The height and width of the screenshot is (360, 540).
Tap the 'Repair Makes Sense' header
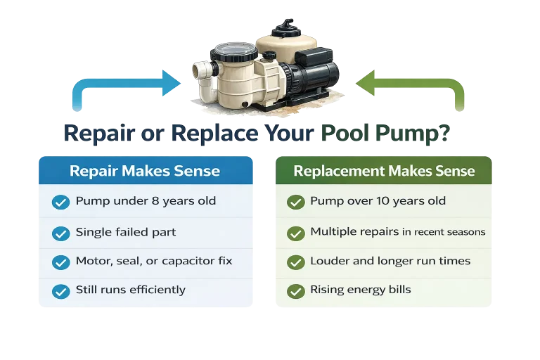(x=145, y=171)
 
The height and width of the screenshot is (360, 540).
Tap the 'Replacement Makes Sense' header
(x=384, y=171)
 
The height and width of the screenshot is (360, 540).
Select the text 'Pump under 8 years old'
(x=146, y=201)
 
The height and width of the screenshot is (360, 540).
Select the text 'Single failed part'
(x=125, y=232)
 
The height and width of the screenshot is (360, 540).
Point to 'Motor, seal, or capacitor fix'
(x=153, y=261)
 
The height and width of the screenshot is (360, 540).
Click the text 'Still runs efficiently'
(x=130, y=290)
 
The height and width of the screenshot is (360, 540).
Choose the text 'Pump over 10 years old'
(x=378, y=201)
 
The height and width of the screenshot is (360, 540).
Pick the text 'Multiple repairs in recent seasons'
(x=397, y=232)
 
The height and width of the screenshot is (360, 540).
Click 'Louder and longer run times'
(x=390, y=261)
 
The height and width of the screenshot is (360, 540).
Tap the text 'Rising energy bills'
(x=360, y=290)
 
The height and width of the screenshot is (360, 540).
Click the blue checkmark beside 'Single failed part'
(x=61, y=233)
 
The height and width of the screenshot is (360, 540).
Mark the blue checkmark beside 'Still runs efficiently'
(x=61, y=290)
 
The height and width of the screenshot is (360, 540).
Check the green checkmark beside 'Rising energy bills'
(x=295, y=290)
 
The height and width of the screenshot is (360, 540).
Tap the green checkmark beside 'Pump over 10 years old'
(x=295, y=202)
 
